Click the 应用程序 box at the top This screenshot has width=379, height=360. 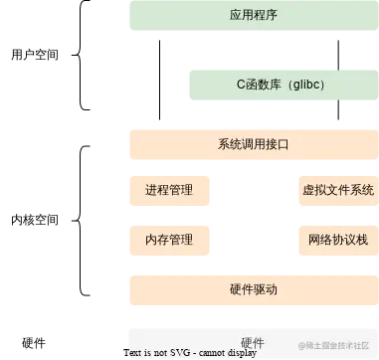(x=253, y=15)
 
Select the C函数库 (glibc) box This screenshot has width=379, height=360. (x=281, y=85)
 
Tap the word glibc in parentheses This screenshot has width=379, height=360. (x=303, y=86)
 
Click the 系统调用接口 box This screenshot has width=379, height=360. (x=253, y=145)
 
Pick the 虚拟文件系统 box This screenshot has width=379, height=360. (x=337, y=190)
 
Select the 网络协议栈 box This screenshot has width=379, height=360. (x=337, y=240)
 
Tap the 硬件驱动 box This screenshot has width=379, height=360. (x=253, y=289)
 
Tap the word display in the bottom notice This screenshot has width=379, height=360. (x=245, y=353)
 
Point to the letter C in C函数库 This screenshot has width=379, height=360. (x=241, y=86)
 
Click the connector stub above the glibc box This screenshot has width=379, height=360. (x=338, y=65)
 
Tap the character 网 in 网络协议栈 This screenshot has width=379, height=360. (x=313, y=240)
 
